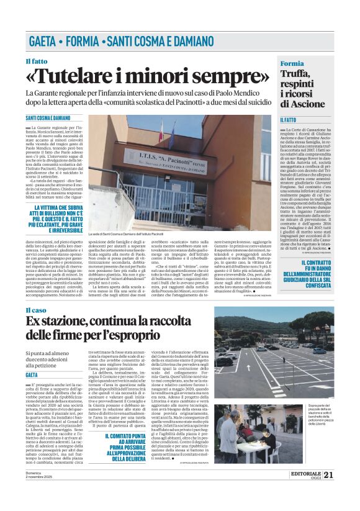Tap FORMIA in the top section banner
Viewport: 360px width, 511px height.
click(84, 42)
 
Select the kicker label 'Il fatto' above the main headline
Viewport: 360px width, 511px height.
click(36, 61)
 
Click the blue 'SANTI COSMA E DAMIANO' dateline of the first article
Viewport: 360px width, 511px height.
click(48, 117)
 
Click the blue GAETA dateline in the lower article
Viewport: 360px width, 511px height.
click(32, 375)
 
